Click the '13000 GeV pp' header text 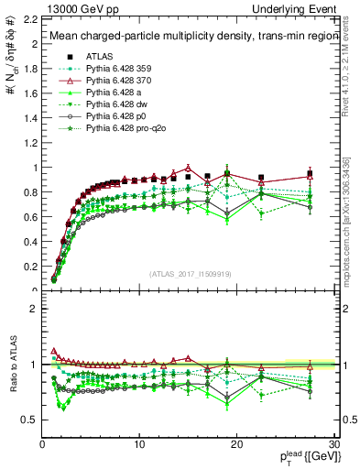point(74,7)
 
